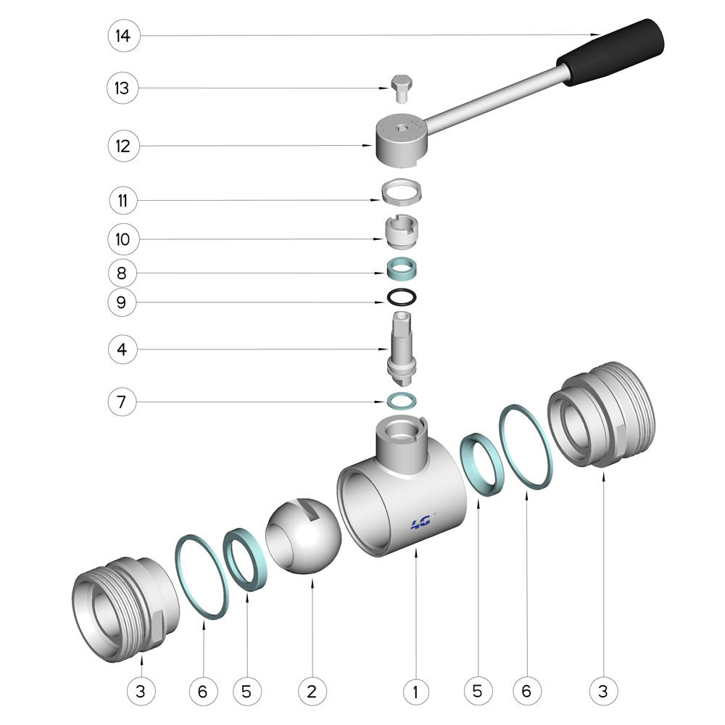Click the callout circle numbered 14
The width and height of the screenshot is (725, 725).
point(123,36)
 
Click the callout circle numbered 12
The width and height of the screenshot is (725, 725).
point(123,146)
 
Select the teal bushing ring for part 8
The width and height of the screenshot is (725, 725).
point(402,269)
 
